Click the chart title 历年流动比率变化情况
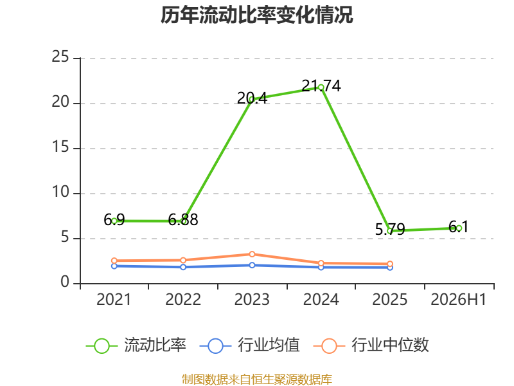point(256,15)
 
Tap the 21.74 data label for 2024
point(321,86)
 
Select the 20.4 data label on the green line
point(252,98)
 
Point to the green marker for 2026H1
point(459,228)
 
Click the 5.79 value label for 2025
point(390,229)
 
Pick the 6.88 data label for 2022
point(183,219)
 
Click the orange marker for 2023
point(252,254)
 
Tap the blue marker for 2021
point(114,266)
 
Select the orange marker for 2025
point(390,264)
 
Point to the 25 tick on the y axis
point(60,57)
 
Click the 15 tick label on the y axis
point(60,147)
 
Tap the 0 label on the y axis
point(65,282)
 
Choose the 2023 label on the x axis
point(252,299)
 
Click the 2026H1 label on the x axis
point(459,299)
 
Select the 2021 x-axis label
point(114,299)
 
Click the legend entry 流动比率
point(136,345)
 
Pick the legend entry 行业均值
point(250,345)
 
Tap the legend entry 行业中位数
point(371,345)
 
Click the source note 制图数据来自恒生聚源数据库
point(257,379)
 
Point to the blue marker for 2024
point(321,267)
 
